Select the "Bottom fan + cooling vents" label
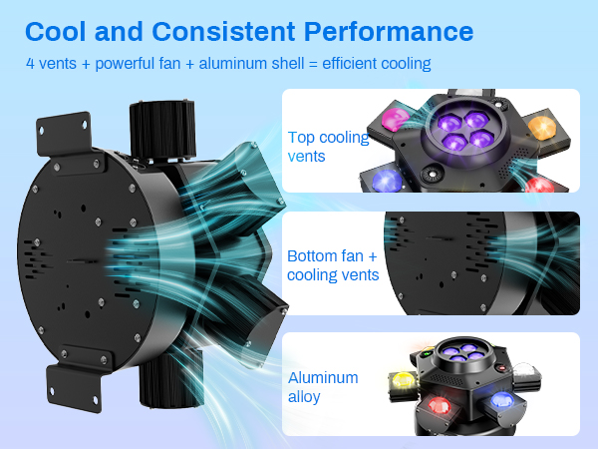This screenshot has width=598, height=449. point(333,264)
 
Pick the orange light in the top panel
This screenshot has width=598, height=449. point(541,127)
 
